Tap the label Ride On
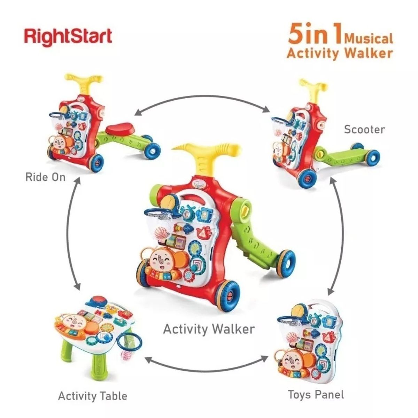(45, 177)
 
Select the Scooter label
(364, 130)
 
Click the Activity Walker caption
(209, 328)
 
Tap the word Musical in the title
(369, 38)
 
